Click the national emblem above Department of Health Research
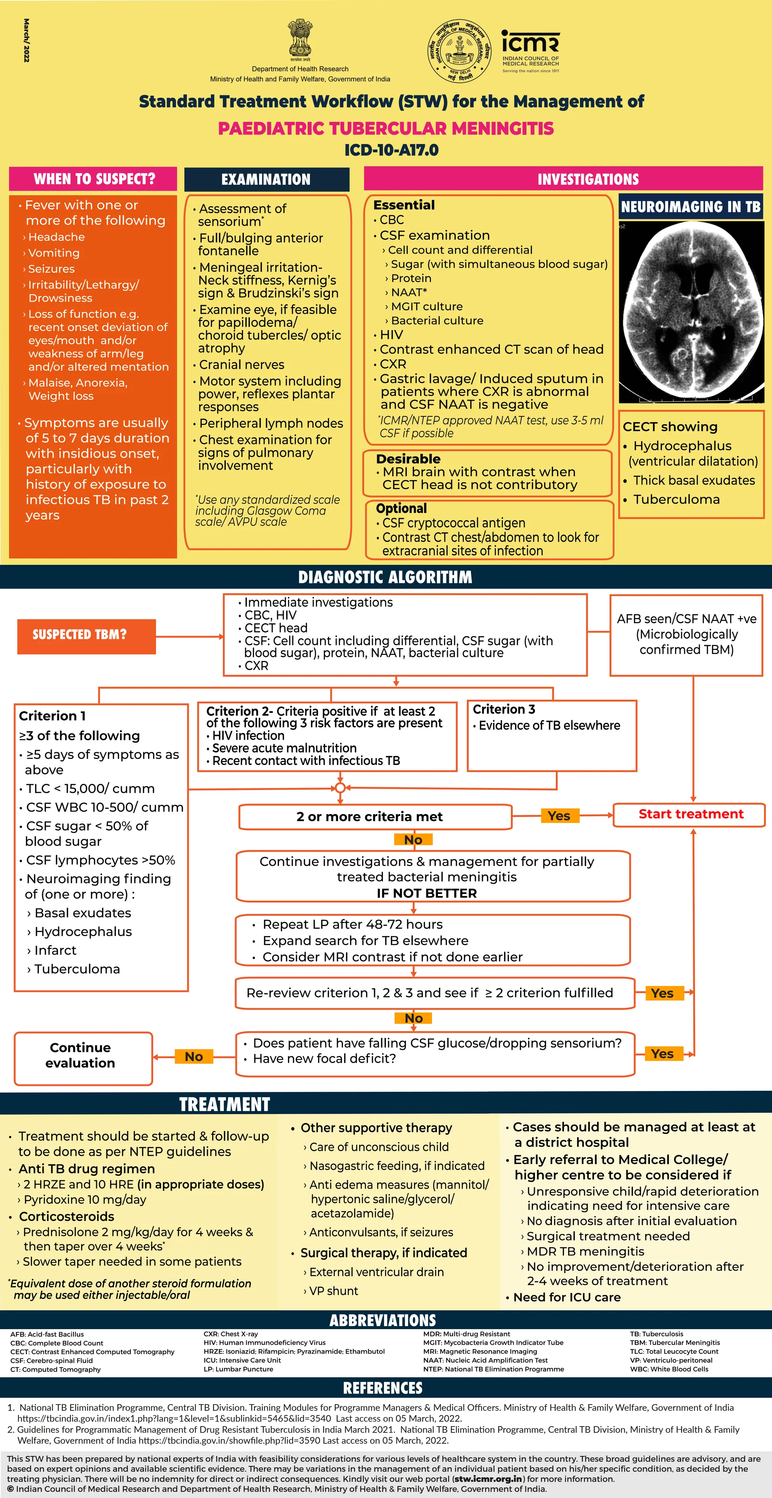(x=300, y=40)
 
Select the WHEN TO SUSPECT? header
(x=93, y=179)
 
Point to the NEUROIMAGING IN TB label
(x=691, y=207)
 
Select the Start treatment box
(x=691, y=814)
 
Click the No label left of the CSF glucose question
(x=194, y=1056)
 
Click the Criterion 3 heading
(x=504, y=710)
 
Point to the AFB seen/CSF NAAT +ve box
(x=686, y=635)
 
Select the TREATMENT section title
(x=225, y=1104)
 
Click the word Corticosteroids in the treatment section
(x=66, y=1216)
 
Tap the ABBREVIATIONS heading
(x=383, y=1320)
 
